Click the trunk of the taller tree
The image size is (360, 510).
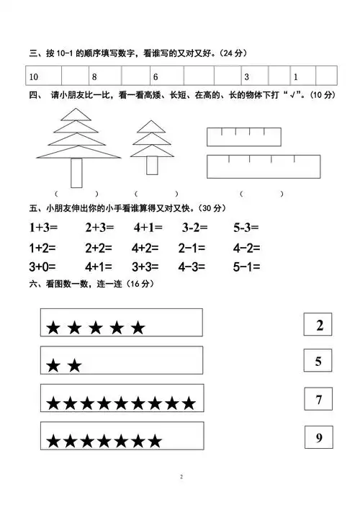pyautogui.click(x=77, y=173)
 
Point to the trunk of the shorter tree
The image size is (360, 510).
pyautogui.click(x=152, y=164)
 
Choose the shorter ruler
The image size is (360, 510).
pyautogui.click(x=243, y=138)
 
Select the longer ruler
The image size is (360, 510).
pyautogui.click(x=264, y=166)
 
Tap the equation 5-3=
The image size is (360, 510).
pyautogui.click(x=246, y=228)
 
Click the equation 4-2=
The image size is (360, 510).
pyautogui.click(x=246, y=247)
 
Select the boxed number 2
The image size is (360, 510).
pyautogui.click(x=319, y=326)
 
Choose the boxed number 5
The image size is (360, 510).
pyautogui.click(x=319, y=362)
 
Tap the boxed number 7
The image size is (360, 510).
pyautogui.click(x=319, y=400)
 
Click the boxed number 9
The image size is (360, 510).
pyautogui.click(x=319, y=437)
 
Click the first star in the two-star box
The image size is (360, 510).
pyautogui.click(x=53, y=366)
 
